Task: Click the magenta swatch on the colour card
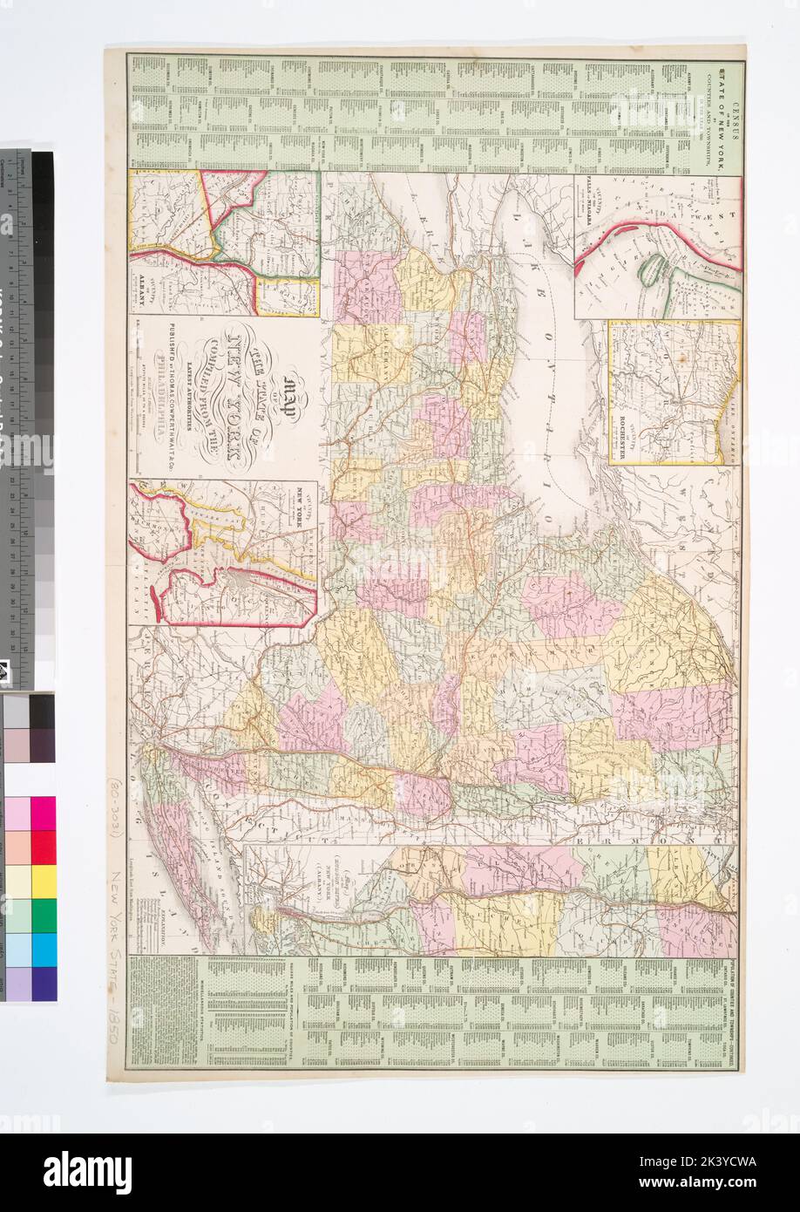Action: [44, 814]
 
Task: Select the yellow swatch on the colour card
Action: [44, 881]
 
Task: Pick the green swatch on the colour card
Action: [44, 915]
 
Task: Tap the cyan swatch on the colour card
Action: [44, 949]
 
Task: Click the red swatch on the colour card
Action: [44, 847]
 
